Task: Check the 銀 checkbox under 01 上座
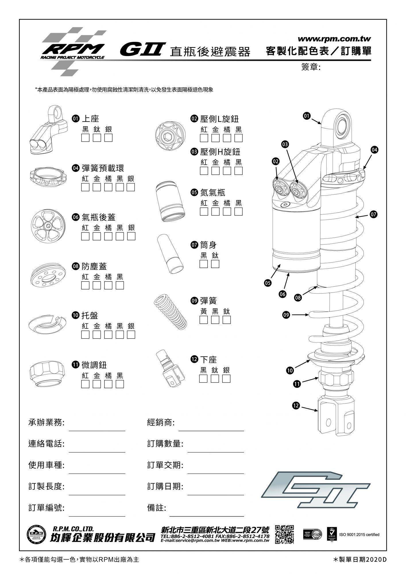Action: [108, 138]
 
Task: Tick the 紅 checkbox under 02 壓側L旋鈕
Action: [204, 138]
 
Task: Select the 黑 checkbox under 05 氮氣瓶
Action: [238, 212]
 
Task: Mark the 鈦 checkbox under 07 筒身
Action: [215, 264]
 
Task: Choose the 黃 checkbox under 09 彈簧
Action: [204, 320]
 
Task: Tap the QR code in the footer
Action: [284, 534]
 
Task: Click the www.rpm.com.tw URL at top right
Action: [335, 39]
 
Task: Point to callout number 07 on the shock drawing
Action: [373, 214]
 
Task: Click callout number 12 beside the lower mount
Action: [296, 406]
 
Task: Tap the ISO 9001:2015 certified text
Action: [359, 534]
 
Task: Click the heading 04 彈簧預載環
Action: [99, 168]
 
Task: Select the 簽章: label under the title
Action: [311, 67]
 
